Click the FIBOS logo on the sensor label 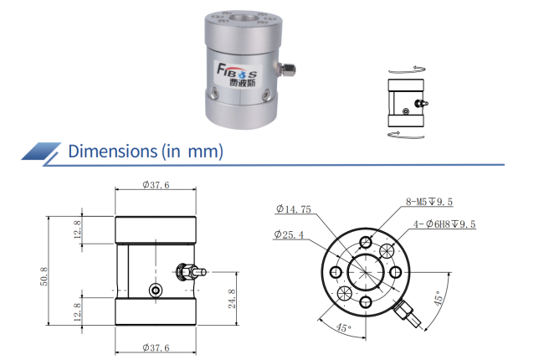pyautogui.click(x=237, y=70)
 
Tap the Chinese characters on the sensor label pyautogui.click(x=242, y=83)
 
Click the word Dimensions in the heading pyautogui.click(x=113, y=152)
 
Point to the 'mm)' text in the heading pyautogui.click(x=205, y=152)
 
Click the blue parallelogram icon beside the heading pyautogui.click(x=41, y=152)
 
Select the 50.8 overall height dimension pyautogui.click(x=44, y=276)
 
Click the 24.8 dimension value pyautogui.click(x=232, y=299)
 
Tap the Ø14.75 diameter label pyautogui.click(x=294, y=209)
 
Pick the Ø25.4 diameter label pyautogui.click(x=289, y=234)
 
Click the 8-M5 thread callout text pyautogui.click(x=429, y=202)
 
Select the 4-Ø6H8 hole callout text pyautogui.click(x=444, y=224)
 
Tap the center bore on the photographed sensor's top pyautogui.click(x=244, y=18)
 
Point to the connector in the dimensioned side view pyautogui.click(x=191, y=271)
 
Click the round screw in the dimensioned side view pyautogui.click(x=156, y=291)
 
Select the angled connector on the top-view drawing pyautogui.click(x=408, y=314)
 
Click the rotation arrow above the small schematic pyautogui.click(x=407, y=69)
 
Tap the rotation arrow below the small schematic pyautogui.click(x=406, y=135)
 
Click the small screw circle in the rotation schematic pyautogui.click(x=405, y=111)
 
